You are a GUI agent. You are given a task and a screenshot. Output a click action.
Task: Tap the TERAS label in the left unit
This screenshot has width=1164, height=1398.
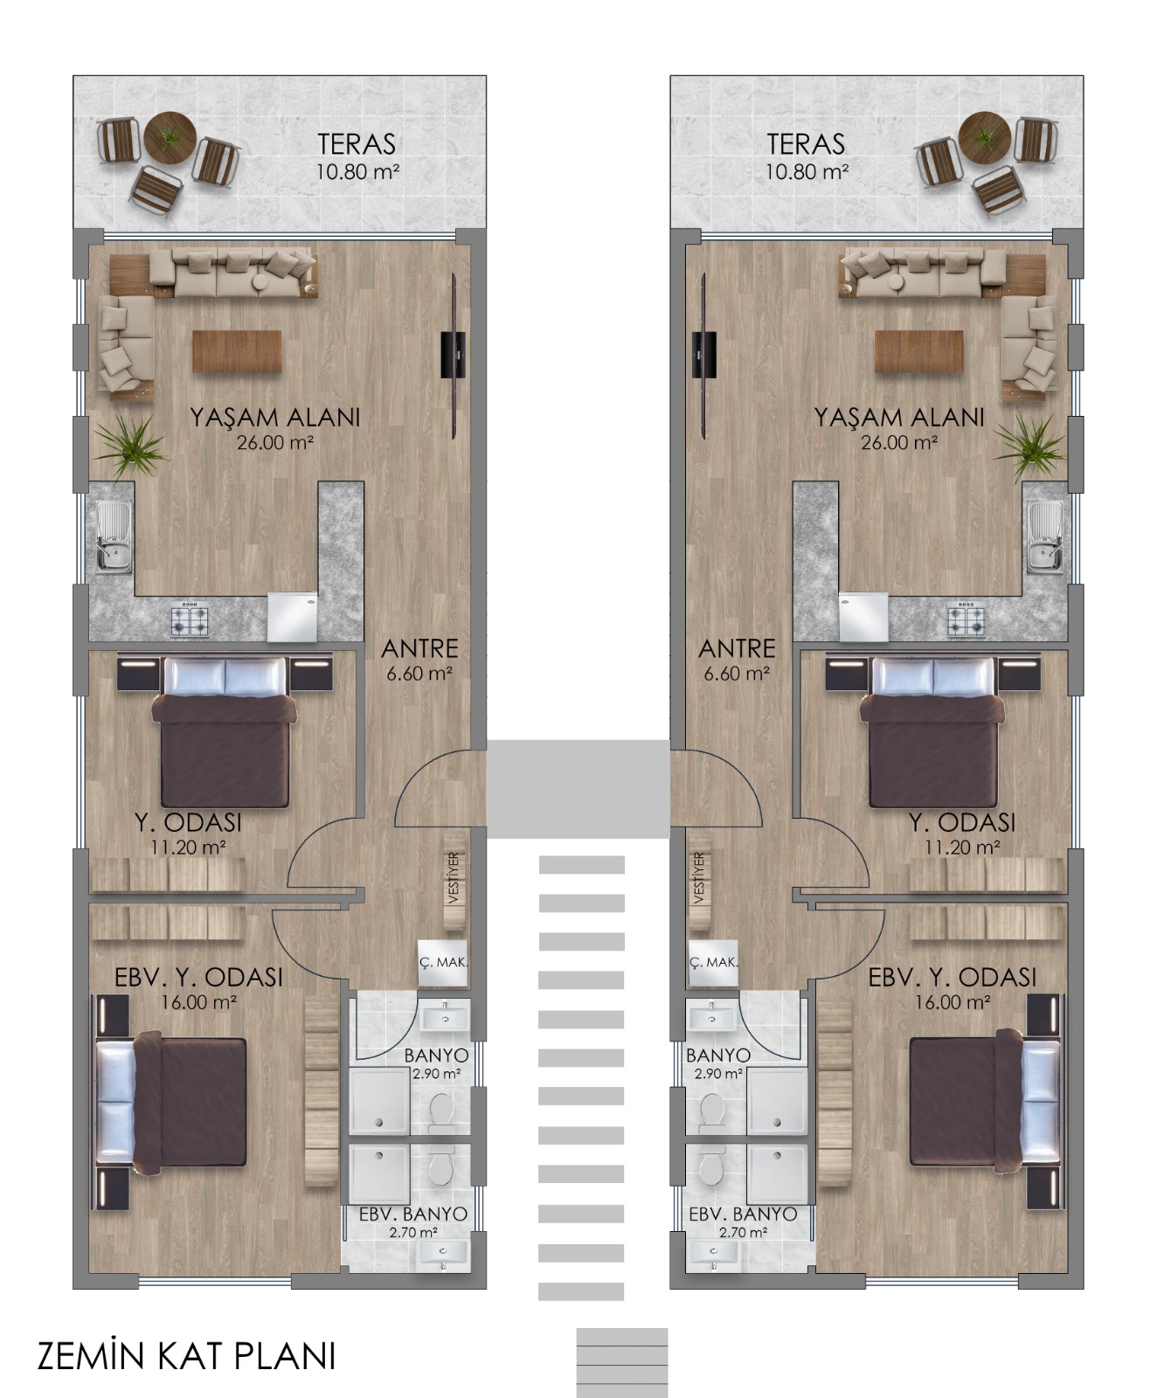357,143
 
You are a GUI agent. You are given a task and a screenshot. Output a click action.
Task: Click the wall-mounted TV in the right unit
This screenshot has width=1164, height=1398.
703,355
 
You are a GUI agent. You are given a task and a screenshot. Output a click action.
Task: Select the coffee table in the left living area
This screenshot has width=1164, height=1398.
238,351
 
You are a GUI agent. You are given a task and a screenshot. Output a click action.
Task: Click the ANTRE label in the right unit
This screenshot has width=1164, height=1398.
737,648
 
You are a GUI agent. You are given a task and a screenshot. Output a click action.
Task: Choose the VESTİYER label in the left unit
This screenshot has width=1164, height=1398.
453,879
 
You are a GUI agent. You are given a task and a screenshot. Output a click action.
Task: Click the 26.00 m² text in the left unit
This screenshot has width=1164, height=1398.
274,442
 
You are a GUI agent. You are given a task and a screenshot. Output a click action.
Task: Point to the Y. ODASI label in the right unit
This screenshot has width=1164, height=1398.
962,823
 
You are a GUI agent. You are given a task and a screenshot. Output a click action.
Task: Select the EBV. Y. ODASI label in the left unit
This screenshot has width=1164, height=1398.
198,977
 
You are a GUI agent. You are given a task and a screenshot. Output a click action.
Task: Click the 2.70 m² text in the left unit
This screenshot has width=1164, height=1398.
413,1233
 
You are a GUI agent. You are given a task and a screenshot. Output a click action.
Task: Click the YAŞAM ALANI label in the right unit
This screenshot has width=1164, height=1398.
899,417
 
